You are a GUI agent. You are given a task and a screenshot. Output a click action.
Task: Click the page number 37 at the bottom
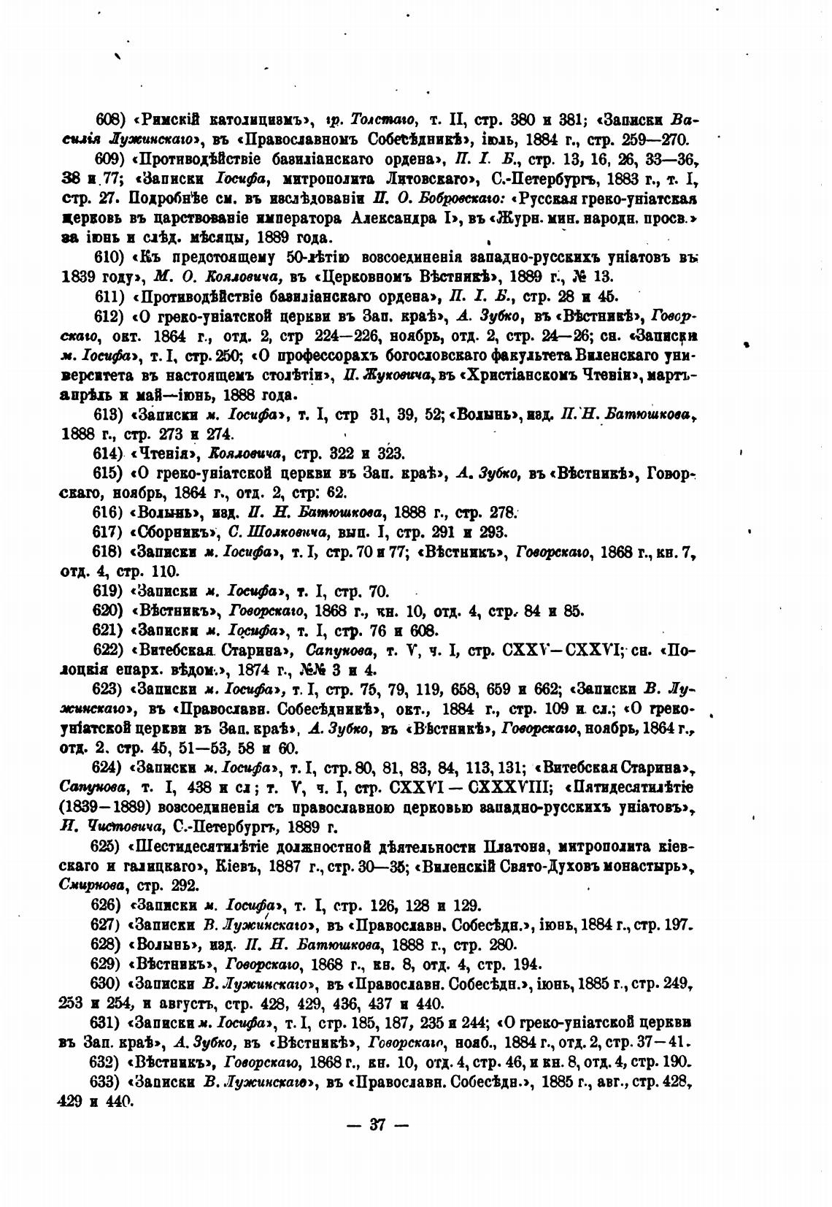coord(377,1124)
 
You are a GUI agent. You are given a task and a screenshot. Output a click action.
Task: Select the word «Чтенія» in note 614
coord(159,453)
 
